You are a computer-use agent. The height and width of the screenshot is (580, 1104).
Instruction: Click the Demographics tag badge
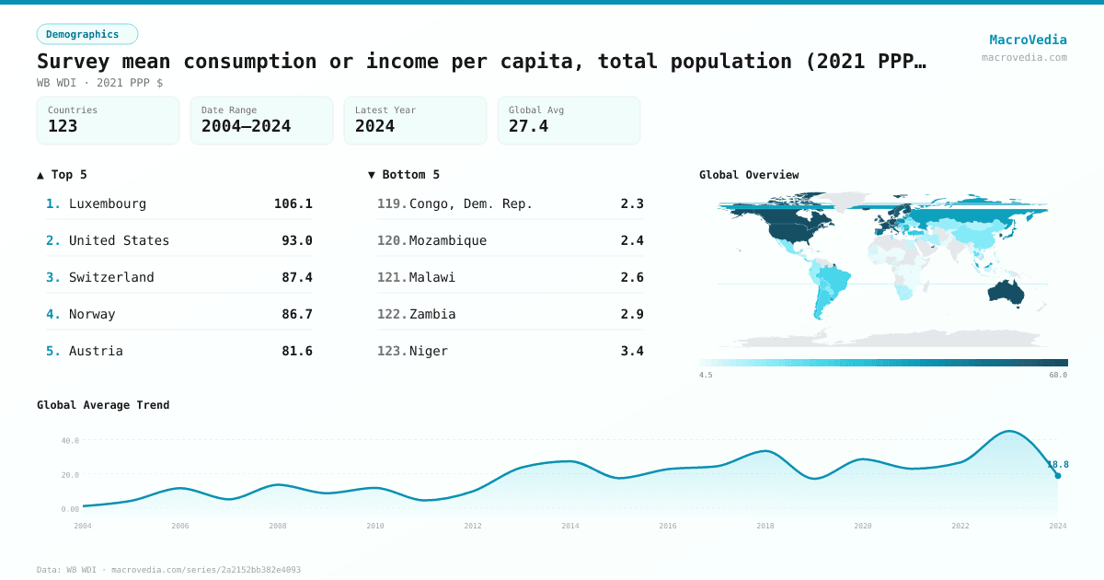(86, 34)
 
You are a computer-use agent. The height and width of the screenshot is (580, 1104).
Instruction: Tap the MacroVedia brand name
(1028, 40)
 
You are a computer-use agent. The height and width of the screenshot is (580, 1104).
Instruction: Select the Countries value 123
(63, 126)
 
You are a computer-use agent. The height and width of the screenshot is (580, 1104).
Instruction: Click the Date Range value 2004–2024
(246, 126)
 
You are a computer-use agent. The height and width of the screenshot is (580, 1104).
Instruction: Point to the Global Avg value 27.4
(528, 126)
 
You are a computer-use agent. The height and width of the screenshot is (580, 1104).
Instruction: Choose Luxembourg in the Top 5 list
(107, 203)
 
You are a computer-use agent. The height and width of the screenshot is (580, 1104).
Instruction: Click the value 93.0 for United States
(296, 240)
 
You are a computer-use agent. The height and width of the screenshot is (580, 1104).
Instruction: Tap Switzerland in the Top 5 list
(111, 277)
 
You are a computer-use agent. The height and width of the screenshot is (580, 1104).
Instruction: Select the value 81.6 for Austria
(296, 351)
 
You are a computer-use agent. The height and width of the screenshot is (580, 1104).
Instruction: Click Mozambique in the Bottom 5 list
(448, 240)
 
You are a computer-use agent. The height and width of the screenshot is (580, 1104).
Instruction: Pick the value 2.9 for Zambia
(632, 314)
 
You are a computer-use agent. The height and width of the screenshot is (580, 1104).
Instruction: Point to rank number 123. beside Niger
(392, 351)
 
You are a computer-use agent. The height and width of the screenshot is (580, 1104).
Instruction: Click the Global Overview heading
(749, 175)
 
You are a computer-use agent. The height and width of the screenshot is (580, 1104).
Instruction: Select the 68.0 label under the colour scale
(1058, 375)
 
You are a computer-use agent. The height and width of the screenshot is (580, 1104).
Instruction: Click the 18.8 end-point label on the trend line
(1057, 465)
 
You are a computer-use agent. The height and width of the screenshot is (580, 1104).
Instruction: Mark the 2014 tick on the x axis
(570, 526)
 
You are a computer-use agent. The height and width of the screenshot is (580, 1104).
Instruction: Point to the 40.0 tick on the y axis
(70, 440)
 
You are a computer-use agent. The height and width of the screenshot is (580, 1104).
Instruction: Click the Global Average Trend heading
(103, 405)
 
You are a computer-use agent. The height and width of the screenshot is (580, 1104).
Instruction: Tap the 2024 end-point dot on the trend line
(1058, 476)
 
